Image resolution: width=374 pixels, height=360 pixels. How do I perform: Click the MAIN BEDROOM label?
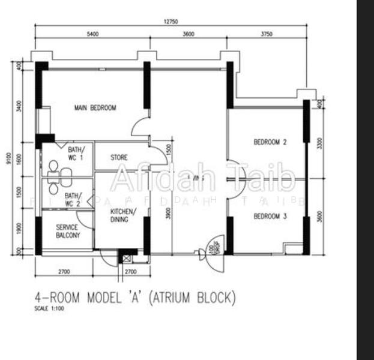(x=95, y=108)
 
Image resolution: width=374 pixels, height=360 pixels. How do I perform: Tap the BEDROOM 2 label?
(x=270, y=142)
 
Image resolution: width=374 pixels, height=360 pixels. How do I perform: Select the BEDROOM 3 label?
(x=270, y=216)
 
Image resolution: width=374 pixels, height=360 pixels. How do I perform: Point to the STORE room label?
(x=119, y=158)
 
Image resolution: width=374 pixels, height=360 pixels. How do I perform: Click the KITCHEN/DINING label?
(x=123, y=215)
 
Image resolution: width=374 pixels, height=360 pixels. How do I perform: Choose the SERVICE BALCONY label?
(x=67, y=232)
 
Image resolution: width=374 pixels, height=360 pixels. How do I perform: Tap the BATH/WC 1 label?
(x=76, y=153)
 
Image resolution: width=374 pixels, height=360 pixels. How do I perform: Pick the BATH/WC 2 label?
(x=72, y=199)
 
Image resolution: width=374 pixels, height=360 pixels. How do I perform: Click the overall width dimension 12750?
(x=170, y=22)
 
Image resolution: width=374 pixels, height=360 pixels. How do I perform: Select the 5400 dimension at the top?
(x=92, y=34)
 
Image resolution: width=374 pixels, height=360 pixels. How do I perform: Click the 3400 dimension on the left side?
(x=20, y=106)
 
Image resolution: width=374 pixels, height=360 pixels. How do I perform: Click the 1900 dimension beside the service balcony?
(x=20, y=228)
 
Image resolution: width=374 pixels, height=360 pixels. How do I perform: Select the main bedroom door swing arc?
(x=139, y=125)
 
